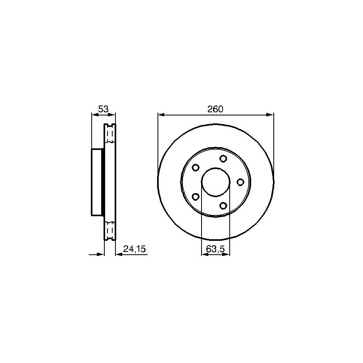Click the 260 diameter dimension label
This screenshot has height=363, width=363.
point(215,109)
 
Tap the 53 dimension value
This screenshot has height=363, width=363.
point(103,109)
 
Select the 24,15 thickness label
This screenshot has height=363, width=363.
point(134,249)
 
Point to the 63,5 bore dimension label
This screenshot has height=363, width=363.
point(215,249)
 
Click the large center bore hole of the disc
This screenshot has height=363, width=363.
point(215,182)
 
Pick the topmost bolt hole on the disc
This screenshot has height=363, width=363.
point(223,159)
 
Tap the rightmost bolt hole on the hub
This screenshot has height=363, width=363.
point(240,182)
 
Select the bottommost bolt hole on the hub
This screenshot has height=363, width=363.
point(223,206)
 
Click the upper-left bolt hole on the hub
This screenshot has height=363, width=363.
point(196,167)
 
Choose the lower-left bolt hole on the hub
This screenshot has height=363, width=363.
point(196,197)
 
